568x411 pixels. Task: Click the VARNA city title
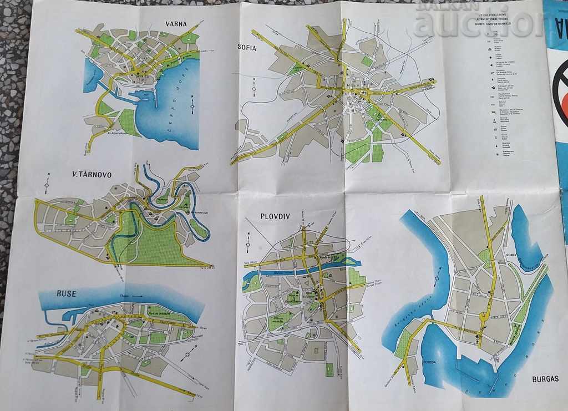175,24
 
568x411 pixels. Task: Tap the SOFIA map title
247,48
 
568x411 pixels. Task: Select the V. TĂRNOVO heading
92,174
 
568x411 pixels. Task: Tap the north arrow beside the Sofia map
253,88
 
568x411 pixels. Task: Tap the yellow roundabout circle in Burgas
483,317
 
